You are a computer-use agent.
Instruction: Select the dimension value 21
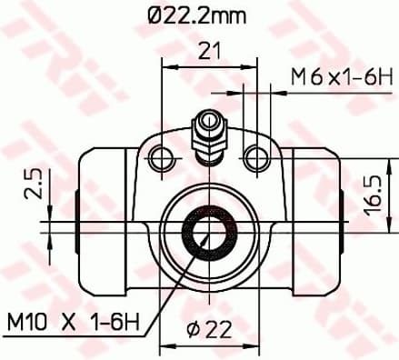point(211,52)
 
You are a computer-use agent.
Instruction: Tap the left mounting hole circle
point(164,157)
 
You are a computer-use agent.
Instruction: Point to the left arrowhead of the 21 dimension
point(167,65)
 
